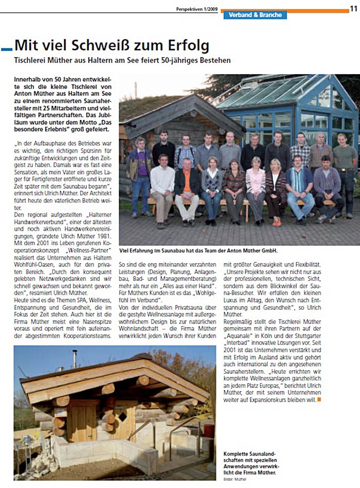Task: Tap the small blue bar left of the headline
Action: tap(7, 48)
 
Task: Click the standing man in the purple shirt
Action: tap(139, 165)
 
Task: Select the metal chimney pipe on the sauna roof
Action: tap(76, 358)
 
